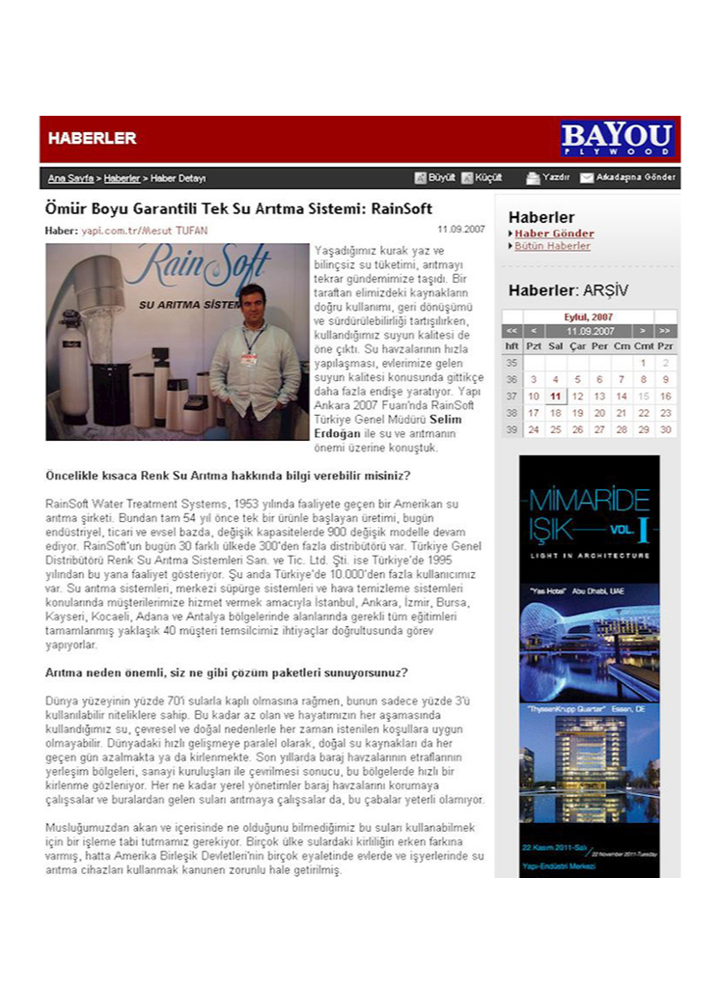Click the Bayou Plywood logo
tap(618, 138)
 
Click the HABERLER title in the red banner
tap(93, 138)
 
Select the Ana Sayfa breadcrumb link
tap(70, 178)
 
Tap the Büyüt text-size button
tap(435, 178)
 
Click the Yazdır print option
tap(549, 178)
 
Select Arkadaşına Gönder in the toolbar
tap(628, 178)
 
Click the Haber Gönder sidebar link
tap(554, 233)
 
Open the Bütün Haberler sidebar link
tap(552, 246)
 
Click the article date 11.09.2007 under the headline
tap(461, 230)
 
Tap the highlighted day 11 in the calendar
tap(555, 396)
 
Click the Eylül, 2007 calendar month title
tap(589, 316)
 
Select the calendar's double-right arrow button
tap(665, 331)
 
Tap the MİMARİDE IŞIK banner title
tap(589, 515)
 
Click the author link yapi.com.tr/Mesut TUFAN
tap(144, 231)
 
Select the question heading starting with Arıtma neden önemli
tap(228, 672)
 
